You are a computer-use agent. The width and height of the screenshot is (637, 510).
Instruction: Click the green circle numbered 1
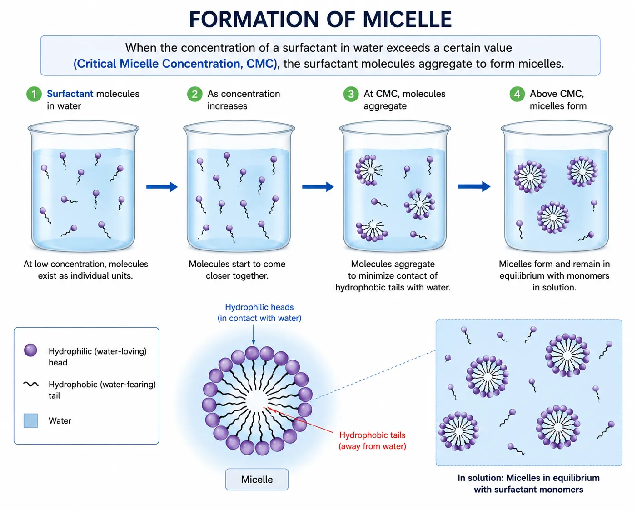coord(34,94)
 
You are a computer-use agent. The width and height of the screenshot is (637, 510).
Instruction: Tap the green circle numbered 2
coord(194,94)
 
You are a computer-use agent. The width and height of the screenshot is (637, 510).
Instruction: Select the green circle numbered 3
coord(351,94)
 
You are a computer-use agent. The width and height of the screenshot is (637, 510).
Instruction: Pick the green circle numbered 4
coord(517,94)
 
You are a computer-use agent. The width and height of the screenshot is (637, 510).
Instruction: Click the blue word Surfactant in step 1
coord(70,94)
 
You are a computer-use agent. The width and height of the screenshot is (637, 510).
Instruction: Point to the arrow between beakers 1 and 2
coord(162,186)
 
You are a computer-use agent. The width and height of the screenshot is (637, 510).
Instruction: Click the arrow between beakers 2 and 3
coord(318,186)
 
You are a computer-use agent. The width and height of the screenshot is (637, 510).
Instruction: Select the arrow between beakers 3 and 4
coord(474,186)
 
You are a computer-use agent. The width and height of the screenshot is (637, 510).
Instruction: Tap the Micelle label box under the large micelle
coord(257,479)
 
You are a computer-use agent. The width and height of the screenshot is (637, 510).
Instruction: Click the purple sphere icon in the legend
coord(30,350)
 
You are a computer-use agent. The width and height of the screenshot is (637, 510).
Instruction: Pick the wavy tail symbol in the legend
coord(31,384)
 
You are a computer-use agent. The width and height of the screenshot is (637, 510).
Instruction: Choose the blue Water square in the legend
coord(30,420)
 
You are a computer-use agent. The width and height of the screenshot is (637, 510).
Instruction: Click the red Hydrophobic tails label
coord(372,440)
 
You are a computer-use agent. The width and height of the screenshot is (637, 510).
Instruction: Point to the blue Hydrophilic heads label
coord(259,312)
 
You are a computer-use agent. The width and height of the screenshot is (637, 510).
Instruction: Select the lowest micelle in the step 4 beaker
coord(553,217)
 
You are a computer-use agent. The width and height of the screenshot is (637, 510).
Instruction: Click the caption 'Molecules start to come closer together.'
coord(237,270)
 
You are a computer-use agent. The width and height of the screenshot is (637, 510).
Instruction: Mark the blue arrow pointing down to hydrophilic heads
coord(254,334)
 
